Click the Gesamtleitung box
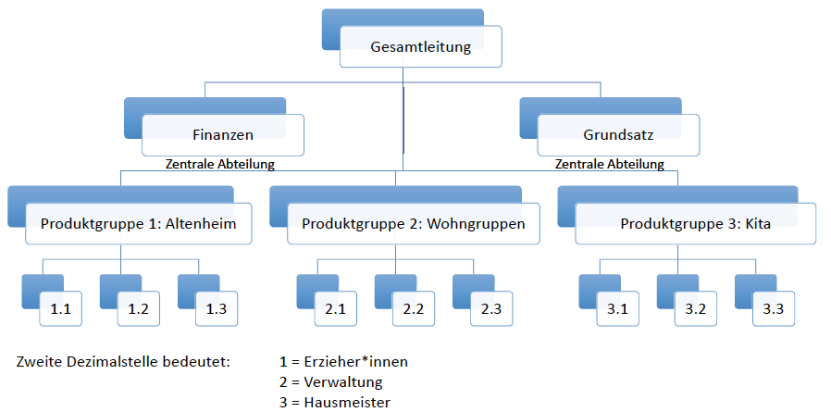click(x=420, y=47)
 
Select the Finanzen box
click(x=223, y=134)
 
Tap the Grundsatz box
click(x=618, y=134)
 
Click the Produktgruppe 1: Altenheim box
click(x=139, y=223)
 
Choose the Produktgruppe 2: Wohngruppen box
click(x=413, y=223)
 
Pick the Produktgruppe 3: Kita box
click(x=695, y=223)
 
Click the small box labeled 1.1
click(x=61, y=308)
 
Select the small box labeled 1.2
click(x=139, y=308)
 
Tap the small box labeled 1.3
click(x=217, y=308)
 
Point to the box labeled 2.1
click(x=335, y=308)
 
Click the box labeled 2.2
click(x=413, y=308)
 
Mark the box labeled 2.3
click(x=490, y=308)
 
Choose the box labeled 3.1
click(x=617, y=308)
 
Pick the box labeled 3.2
click(x=695, y=308)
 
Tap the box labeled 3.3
click(x=773, y=308)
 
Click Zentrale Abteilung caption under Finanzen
click(x=220, y=165)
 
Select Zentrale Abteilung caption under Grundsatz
click(x=609, y=165)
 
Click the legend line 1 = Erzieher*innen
click(x=343, y=361)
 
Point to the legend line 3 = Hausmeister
click(x=334, y=402)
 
